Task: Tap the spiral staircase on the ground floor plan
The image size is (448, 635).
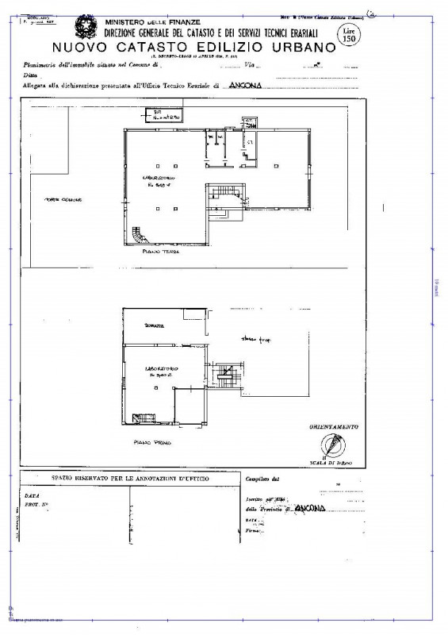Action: click(140, 235)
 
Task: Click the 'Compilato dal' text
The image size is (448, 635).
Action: click(263, 479)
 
